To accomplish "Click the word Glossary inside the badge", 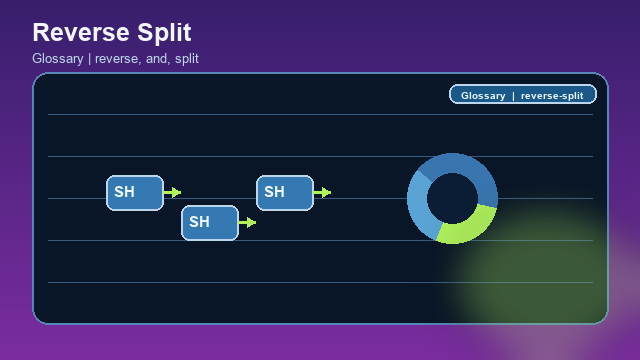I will pyautogui.click(x=483, y=96).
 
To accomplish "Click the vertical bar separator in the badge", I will pyautogui.click(x=513, y=96).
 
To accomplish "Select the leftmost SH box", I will pyautogui.click(x=135, y=192).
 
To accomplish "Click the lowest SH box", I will pyautogui.click(x=210, y=222).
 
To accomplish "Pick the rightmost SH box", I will pyautogui.click(x=285, y=192).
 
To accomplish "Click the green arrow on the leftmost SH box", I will pyautogui.click(x=173, y=192).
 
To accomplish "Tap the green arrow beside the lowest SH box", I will pyautogui.click(x=248, y=222).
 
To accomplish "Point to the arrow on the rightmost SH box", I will pyautogui.click(x=323, y=192).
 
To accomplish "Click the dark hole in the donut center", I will pyautogui.click(x=452, y=198).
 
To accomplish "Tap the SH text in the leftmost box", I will pyautogui.click(x=124, y=192).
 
